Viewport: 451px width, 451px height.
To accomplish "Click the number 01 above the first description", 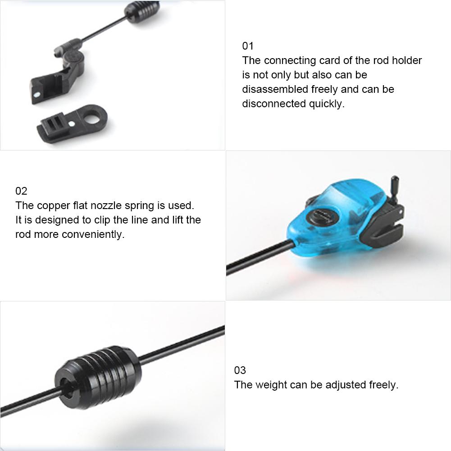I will point(248,46).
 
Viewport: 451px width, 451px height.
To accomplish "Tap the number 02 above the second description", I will point(21,191).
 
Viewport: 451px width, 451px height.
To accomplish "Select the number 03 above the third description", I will point(240,370).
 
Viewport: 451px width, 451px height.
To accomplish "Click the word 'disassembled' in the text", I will point(275,89).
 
